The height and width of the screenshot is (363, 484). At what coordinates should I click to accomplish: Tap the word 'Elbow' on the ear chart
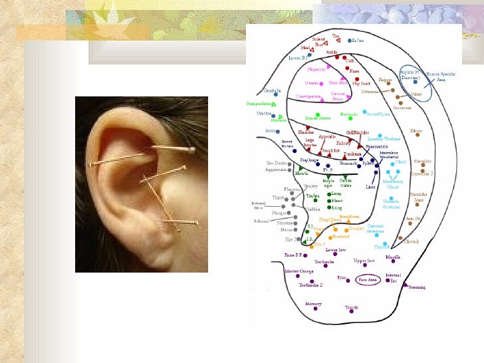coord(416,131)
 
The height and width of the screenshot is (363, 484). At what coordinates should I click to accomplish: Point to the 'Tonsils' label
coord(351,307)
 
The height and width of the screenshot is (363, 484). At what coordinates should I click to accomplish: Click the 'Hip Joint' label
coord(361,84)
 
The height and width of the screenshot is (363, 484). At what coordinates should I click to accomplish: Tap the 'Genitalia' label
coord(273,90)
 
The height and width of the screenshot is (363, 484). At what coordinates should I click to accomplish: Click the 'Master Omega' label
coord(299,271)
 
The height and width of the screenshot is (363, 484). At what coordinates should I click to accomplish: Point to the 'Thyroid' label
coord(381,246)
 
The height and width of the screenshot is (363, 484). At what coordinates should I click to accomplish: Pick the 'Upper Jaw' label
coord(364,261)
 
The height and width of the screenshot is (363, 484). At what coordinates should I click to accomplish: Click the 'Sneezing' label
coord(418,287)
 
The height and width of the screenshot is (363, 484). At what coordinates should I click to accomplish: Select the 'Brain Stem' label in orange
coord(350,216)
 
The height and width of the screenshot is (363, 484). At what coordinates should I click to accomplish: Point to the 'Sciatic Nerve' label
coord(318,118)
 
